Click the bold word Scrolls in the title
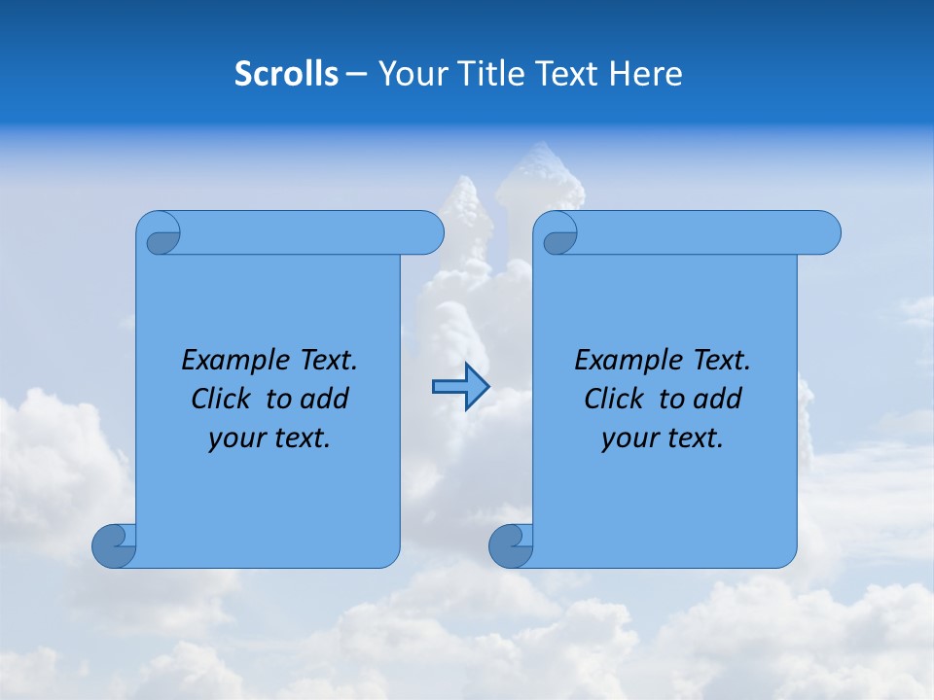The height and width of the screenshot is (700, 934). [x=286, y=74]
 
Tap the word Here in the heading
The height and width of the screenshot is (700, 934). [x=646, y=74]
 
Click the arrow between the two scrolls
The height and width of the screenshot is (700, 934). [x=460, y=388]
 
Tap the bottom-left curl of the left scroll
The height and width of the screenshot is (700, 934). [x=114, y=544]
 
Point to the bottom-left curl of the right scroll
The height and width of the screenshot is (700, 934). [x=511, y=544]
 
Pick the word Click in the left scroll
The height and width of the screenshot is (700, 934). [x=221, y=400]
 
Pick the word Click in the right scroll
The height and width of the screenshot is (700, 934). [x=614, y=400]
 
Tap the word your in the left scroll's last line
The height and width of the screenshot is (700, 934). [x=235, y=439]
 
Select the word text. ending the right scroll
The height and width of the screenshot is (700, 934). [x=696, y=438]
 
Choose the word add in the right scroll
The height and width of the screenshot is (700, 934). [x=719, y=400]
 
